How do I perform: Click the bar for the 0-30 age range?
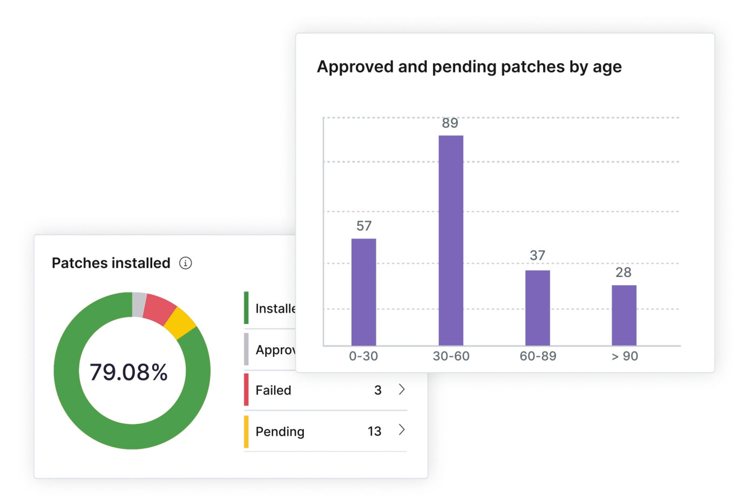tap(363, 292)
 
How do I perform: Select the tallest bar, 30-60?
tap(451, 240)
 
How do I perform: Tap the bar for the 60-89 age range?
tap(537, 308)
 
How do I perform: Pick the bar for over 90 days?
tap(624, 315)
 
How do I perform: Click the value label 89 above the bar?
tap(450, 123)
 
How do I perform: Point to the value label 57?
tap(364, 226)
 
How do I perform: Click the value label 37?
tap(537, 255)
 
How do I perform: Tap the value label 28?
tap(624, 273)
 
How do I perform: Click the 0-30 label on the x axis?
tap(363, 356)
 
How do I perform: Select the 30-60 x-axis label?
tap(451, 356)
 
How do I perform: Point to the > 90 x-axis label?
tap(625, 356)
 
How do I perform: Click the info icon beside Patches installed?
tap(185, 263)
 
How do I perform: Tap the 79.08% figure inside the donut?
tap(128, 372)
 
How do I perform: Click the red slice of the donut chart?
tap(160, 309)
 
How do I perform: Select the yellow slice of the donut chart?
tap(180, 322)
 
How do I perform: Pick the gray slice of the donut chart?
tap(139, 304)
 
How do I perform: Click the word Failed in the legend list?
tap(273, 390)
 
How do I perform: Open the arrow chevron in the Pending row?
tap(402, 430)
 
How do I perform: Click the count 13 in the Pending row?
tap(374, 431)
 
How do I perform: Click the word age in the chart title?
tap(607, 67)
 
